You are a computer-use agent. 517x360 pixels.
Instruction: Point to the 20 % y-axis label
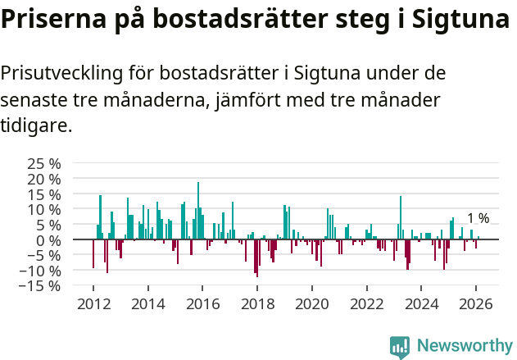click(x=43, y=178)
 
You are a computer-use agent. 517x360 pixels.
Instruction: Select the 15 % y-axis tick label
click(x=43, y=194)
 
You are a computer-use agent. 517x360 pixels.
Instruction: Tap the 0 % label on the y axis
click(x=48, y=239)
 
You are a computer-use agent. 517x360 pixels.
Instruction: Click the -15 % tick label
click(x=41, y=285)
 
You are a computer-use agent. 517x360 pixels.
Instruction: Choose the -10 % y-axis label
click(x=41, y=270)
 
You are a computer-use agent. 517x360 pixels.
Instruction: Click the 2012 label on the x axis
click(x=93, y=303)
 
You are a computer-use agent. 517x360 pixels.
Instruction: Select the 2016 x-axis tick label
click(x=202, y=303)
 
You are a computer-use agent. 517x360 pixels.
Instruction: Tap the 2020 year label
click(x=312, y=303)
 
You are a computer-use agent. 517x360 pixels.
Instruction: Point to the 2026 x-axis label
click(x=477, y=303)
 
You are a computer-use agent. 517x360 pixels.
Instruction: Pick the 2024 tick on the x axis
click(x=422, y=303)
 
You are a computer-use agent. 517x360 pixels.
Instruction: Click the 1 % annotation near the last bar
click(x=478, y=218)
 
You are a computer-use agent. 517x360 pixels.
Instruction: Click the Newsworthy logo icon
click(x=400, y=346)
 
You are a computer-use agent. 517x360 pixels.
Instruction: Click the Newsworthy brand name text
click(x=464, y=346)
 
